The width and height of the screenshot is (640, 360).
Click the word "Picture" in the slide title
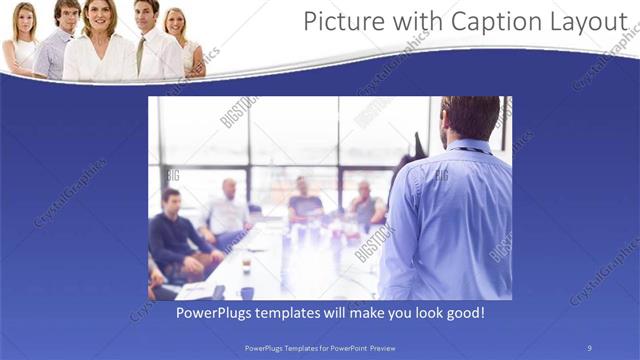click(x=342, y=21)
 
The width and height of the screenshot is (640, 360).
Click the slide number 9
click(x=589, y=348)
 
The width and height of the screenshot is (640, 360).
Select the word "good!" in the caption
click(x=465, y=313)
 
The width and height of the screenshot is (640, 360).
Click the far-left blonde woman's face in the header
click(x=24, y=20)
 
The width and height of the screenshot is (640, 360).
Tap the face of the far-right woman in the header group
click(x=176, y=22)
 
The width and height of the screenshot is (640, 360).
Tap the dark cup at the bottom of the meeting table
click(x=247, y=293)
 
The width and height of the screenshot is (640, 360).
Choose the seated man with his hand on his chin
click(x=366, y=205)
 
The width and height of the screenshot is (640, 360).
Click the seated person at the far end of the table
click(x=304, y=200)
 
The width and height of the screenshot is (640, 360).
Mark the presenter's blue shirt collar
click(x=469, y=147)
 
